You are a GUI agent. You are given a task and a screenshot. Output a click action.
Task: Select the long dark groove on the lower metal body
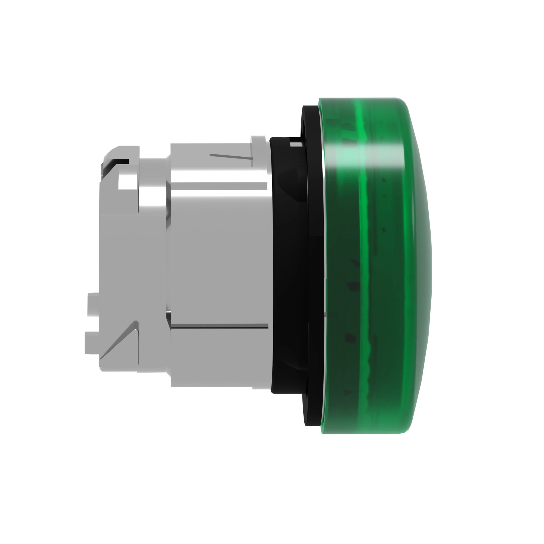tap(220, 326)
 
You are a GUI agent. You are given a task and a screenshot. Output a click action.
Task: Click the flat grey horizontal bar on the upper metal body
tap(220, 186)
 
